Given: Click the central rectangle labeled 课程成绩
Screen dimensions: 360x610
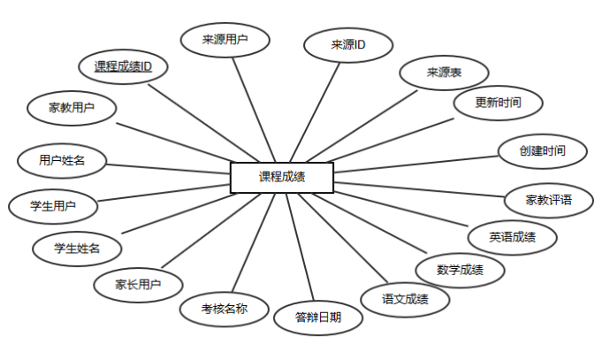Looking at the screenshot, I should click(x=282, y=177).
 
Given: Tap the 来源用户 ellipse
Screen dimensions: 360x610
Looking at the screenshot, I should click(x=225, y=39).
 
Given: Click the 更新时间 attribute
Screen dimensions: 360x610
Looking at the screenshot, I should click(x=498, y=103).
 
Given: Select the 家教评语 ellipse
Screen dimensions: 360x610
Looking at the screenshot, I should click(x=548, y=200).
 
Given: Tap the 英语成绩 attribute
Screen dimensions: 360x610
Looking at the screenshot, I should click(x=512, y=237).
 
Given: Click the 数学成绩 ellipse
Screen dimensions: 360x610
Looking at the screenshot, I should click(x=460, y=269).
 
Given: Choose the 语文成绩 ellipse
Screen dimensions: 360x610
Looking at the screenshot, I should click(x=406, y=299).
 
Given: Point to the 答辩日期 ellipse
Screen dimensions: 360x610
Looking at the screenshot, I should click(x=317, y=318).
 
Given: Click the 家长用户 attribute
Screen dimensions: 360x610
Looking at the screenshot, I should click(x=139, y=285).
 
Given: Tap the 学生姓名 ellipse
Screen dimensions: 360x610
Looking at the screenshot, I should click(x=77, y=248).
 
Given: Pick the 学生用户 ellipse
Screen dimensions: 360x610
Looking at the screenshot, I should click(x=52, y=206).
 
